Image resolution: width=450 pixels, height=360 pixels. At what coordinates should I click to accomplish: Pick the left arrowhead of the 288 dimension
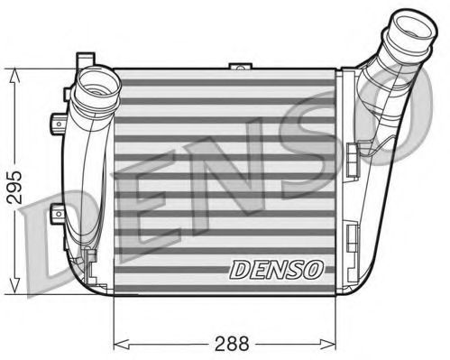click(x=119, y=343)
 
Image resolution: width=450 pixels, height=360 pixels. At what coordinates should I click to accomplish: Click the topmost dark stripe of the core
click(x=225, y=83)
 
